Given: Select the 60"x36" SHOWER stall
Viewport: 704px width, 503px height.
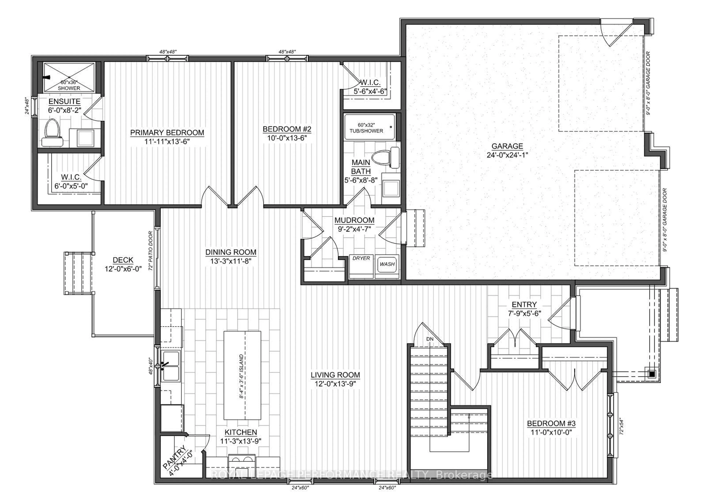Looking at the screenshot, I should [69, 77].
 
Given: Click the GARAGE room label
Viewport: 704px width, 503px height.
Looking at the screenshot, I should [507, 146].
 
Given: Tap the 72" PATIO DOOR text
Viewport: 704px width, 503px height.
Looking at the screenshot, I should [151, 251].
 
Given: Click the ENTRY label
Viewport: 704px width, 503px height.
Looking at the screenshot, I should [524, 304].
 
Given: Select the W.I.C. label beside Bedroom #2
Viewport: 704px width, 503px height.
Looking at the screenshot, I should [370, 83].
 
